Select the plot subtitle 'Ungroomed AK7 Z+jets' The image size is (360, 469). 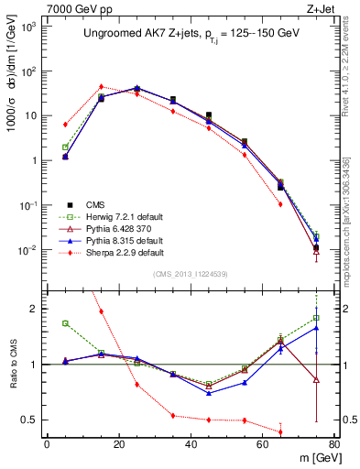[x=135, y=33]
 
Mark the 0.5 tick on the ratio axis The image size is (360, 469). [x=31, y=420]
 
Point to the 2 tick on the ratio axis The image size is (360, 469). [x=35, y=309]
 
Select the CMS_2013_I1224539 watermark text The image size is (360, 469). [x=191, y=273]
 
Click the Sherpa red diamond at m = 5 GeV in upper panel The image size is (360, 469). [x=65, y=124]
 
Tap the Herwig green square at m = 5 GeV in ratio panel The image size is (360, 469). [x=65, y=323]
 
